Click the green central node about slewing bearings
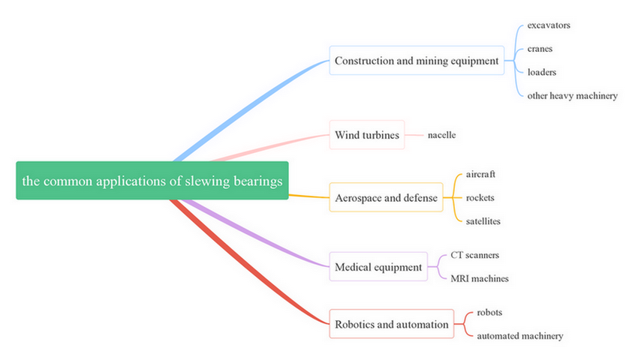coord(152,181)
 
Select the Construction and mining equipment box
coord(417,61)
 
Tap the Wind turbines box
coord(366,135)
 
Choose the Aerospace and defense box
coord(386,198)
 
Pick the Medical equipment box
coord(378,266)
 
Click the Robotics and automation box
coord(391,324)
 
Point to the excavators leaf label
coord(549,25)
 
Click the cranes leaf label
coord(540,49)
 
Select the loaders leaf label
coord(542,72)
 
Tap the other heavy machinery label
coord(572,95)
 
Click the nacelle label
coord(441,135)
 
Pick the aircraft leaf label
coord(480,174)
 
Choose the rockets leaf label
coord(480,198)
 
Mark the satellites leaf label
coord(483,221)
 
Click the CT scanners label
coord(474,255)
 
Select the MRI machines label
coord(479,278)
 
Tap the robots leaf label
coord(489,312)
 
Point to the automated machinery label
coord(519,336)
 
